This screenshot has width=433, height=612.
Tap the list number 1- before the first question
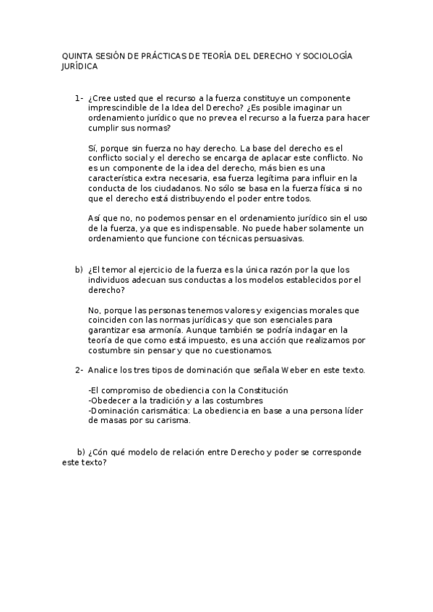click(x=78, y=97)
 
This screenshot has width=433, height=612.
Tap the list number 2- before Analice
click(x=78, y=370)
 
